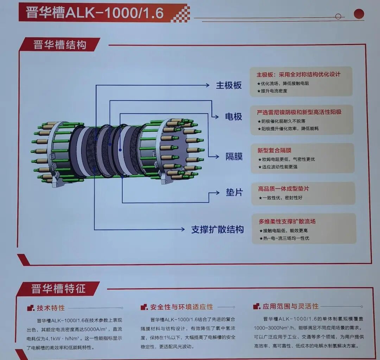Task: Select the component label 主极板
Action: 229,85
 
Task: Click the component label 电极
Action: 234,116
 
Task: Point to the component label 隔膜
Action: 234,156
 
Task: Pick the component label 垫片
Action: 234,193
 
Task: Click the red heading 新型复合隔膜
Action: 274,150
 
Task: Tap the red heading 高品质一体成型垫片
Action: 284,189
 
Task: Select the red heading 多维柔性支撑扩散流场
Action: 287,221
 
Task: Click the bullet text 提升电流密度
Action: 274,91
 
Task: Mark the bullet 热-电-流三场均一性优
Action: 286,238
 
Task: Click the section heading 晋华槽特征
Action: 58,289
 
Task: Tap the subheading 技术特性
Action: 51,308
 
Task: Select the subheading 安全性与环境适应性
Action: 182,307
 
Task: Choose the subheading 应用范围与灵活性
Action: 290,306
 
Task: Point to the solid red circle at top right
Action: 359,14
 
